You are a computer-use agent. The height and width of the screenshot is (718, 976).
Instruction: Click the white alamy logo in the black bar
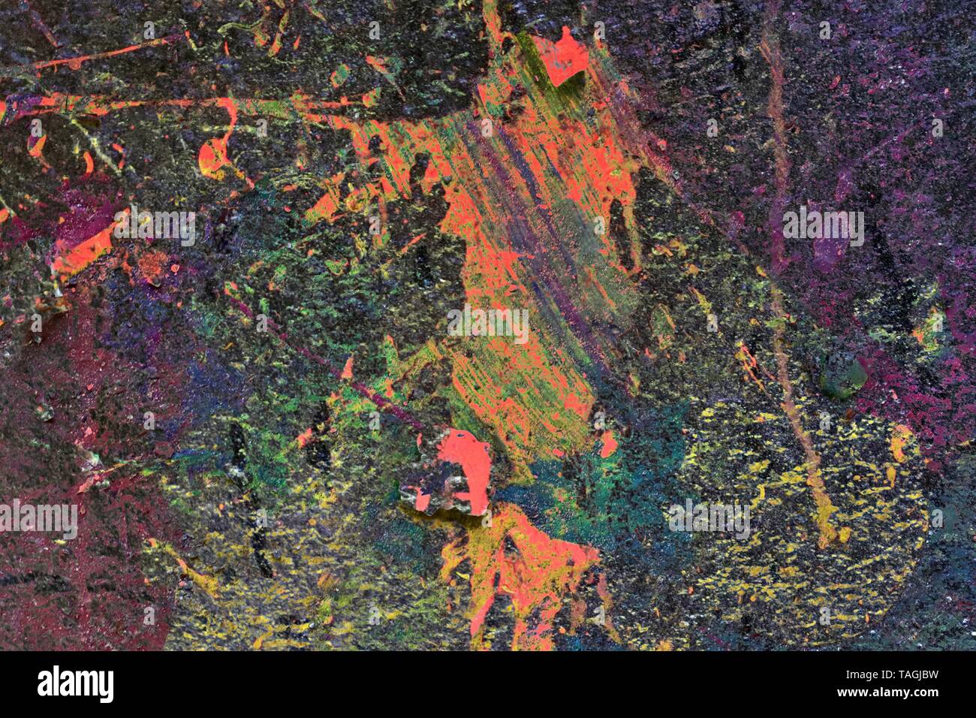click(76, 684)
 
